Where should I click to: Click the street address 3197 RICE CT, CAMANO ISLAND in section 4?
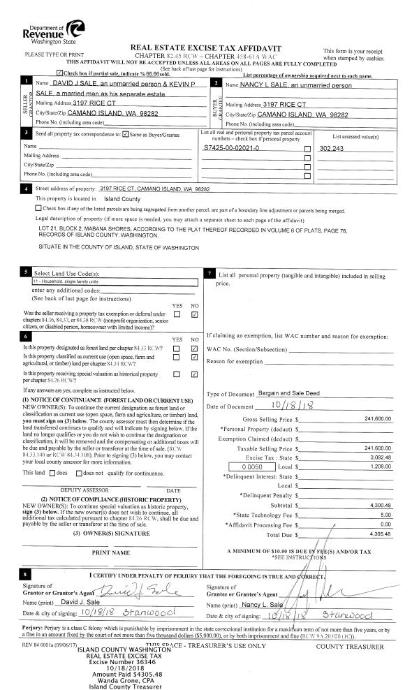tap(154, 189)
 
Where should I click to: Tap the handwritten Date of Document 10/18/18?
tap(277, 406)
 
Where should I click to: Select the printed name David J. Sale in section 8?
tap(82, 602)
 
